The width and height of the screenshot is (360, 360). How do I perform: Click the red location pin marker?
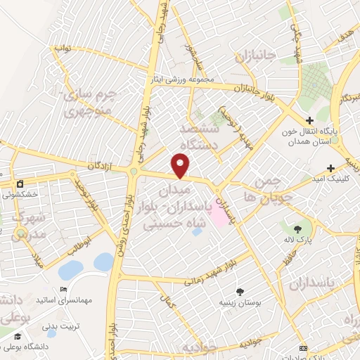[181, 166]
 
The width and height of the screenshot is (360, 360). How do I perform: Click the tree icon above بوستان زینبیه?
[240, 291]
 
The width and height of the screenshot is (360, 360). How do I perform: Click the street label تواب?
[63, 50]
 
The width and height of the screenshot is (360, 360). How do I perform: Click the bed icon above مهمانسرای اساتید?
[64, 289]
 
